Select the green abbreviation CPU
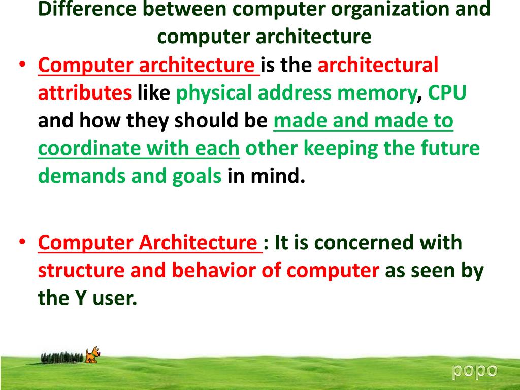tap(447, 93)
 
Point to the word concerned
tap(364, 243)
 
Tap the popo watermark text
tap(475, 370)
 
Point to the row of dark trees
tap(61, 357)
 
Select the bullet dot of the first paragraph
tap(23, 66)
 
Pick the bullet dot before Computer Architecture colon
tap(23, 243)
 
